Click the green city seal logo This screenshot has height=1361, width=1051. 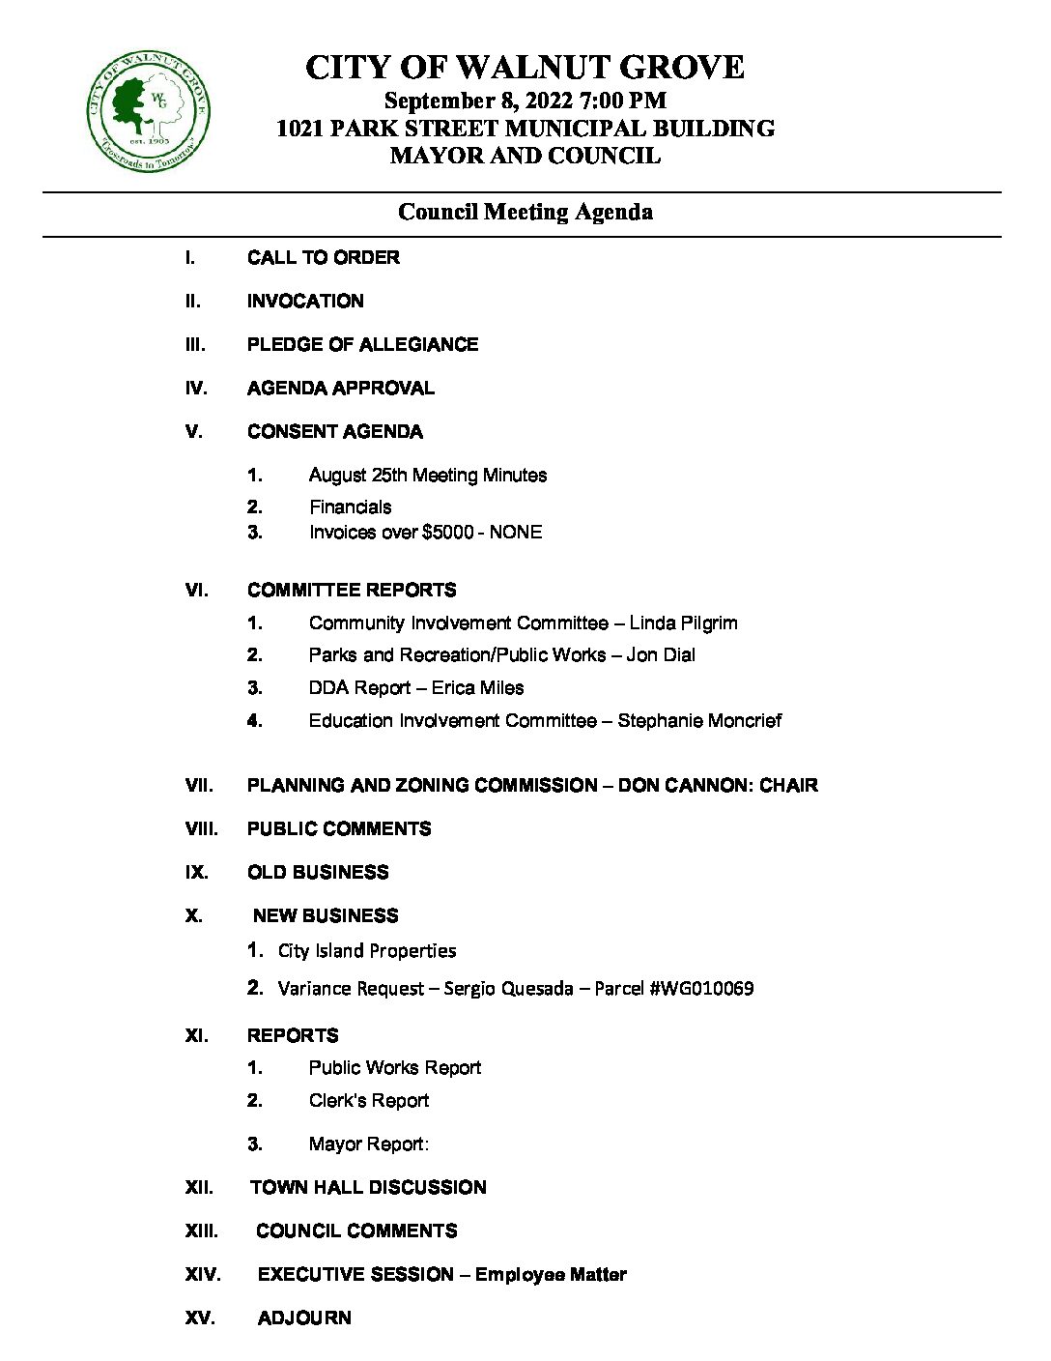click(x=148, y=111)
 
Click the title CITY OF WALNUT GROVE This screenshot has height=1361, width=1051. click(x=525, y=68)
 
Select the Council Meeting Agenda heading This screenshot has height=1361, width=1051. click(x=525, y=212)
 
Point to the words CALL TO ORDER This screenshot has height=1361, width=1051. click(x=323, y=258)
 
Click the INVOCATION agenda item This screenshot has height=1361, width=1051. click(x=305, y=302)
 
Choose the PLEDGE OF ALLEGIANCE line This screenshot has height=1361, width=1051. click(x=362, y=345)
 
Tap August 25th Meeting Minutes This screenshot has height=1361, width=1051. click(x=427, y=476)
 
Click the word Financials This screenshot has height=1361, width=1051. click(x=350, y=507)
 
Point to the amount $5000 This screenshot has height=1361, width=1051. click(x=447, y=533)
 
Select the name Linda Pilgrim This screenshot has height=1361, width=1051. click(x=683, y=623)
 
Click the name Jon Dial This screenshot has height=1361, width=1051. click(x=661, y=655)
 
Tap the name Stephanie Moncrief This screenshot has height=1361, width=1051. click(x=699, y=721)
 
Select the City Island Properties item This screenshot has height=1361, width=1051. click(x=367, y=951)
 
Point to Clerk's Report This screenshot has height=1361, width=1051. click(x=369, y=1101)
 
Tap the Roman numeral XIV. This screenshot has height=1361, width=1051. click(x=203, y=1275)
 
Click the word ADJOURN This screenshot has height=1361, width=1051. click(x=304, y=1318)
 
